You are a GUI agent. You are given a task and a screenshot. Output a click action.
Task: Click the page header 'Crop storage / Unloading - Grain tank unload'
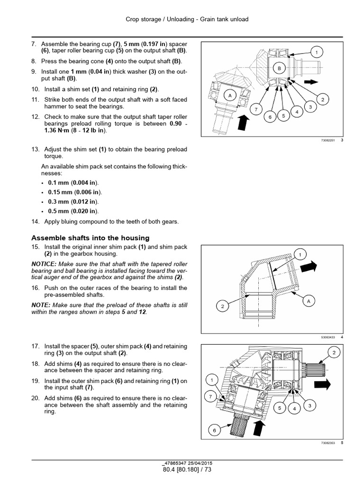click(x=187, y=19)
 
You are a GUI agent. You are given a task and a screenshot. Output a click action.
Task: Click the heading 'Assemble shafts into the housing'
click(x=90, y=238)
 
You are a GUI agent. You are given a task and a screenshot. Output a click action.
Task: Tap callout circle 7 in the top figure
click(x=256, y=110)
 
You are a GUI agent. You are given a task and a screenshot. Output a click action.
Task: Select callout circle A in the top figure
click(x=230, y=95)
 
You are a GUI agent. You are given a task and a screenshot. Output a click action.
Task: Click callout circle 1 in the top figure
click(x=317, y=52)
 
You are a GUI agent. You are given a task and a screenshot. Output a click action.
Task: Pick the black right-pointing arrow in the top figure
click(x=310, y=82)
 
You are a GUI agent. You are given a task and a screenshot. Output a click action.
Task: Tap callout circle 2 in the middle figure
click(x=222, y=306)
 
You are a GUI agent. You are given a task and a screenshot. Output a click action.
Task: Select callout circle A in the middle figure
click(x=309, y=301)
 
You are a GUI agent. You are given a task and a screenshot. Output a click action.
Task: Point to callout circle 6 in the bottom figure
click(x=214, y=430)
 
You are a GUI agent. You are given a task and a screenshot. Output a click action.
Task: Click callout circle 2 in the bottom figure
click(x=334, y=353)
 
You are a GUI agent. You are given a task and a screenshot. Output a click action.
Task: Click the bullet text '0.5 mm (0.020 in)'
click(x=74, y=211)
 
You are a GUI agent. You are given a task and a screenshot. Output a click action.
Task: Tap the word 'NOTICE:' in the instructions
click(x=43, y=264)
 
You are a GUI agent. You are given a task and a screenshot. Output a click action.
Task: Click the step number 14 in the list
click(x=36, y=222)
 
